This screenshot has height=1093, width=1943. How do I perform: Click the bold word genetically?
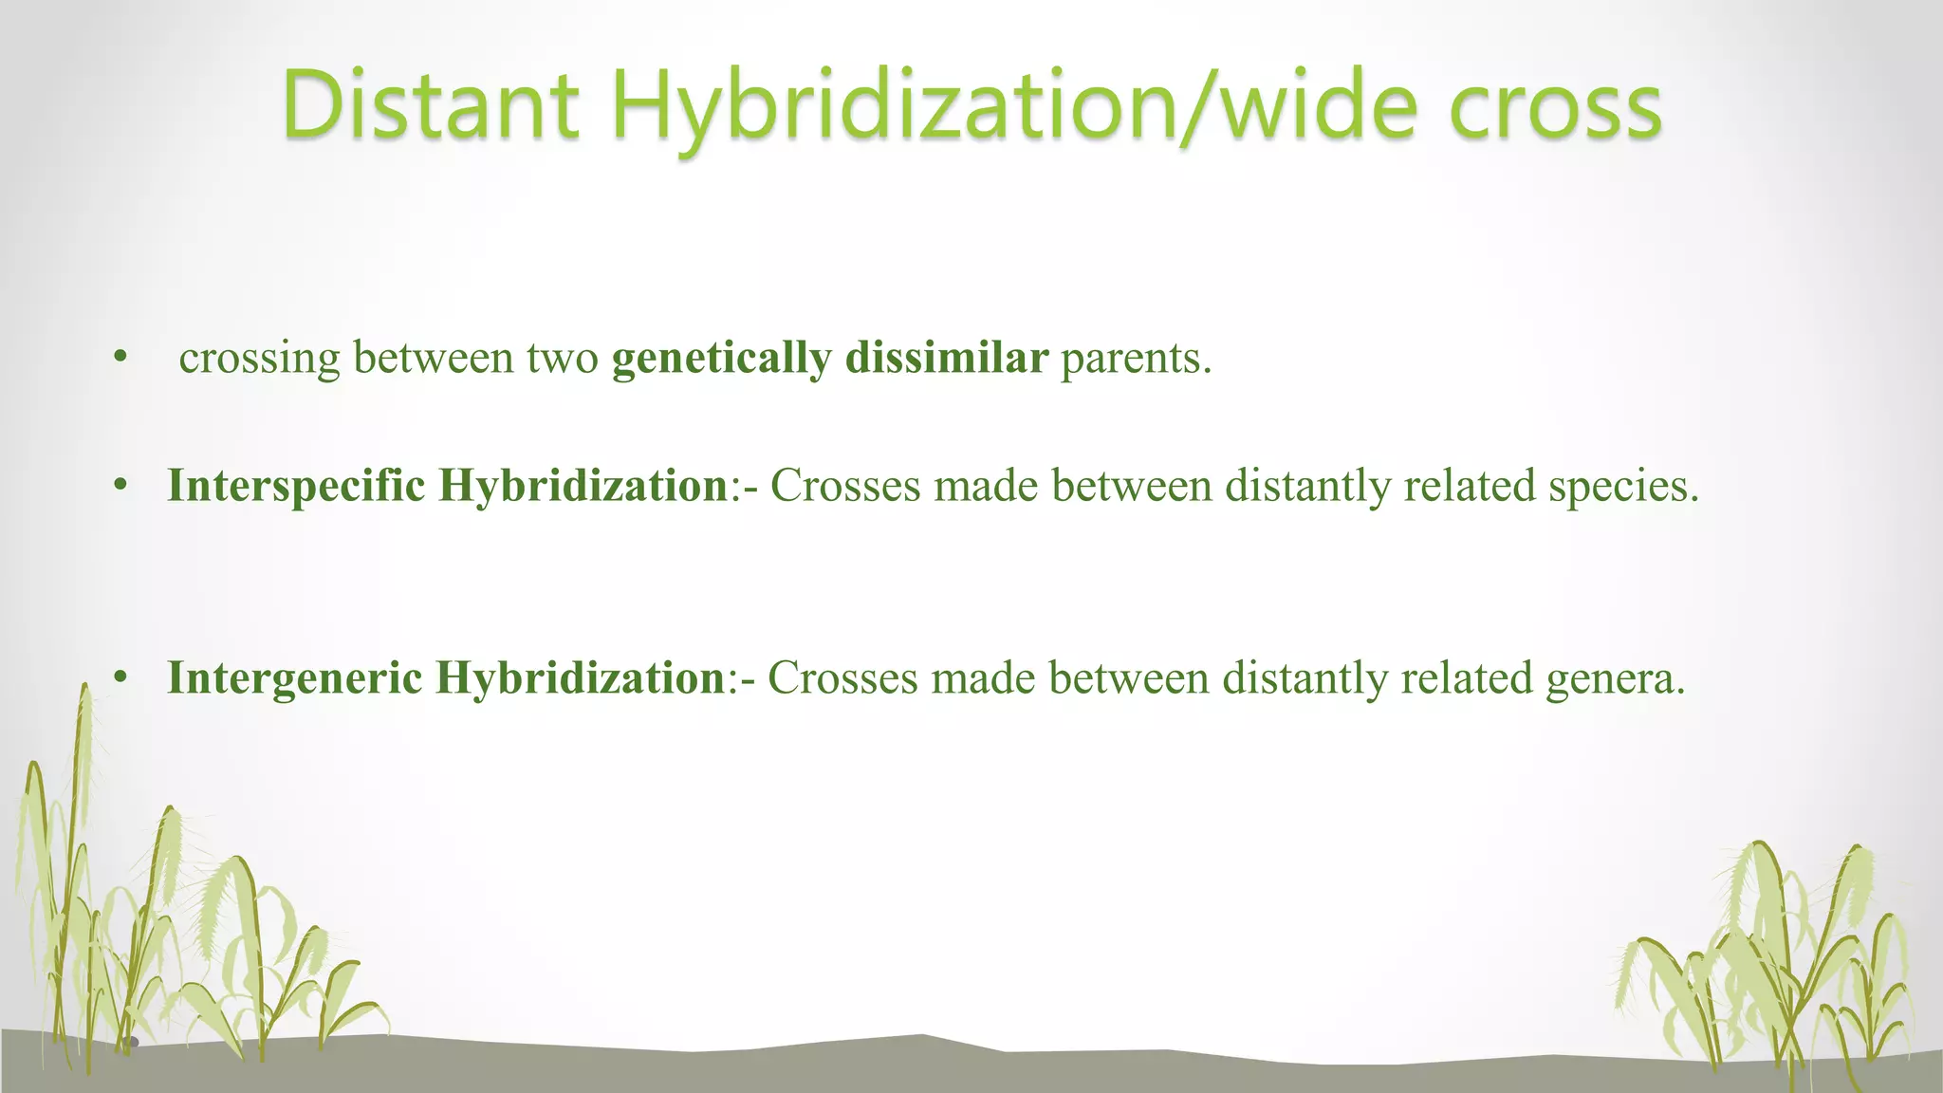pos(721,359)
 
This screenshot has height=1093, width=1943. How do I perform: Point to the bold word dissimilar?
pos(946,357)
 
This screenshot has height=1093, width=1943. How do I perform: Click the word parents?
pos(1136,359)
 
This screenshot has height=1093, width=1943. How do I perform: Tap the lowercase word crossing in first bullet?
pos(259,359)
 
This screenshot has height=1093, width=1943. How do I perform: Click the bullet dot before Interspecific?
pos(120,487)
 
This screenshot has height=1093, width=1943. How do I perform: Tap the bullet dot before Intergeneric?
pos(120,678)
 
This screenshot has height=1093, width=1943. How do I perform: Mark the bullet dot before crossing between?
pos(120,359)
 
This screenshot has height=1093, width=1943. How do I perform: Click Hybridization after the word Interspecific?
pos(583,486)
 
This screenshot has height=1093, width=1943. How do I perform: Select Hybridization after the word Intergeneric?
pos(580,678)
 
